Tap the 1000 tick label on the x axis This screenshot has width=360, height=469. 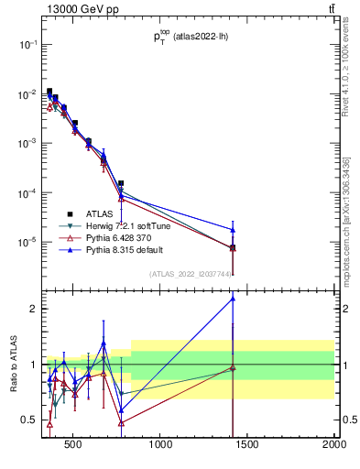tap(161, 446)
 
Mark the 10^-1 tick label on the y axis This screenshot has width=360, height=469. tap(28, 44)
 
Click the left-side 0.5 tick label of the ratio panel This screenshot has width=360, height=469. tap(30, 420)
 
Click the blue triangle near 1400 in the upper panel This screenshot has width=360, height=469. tap(233, 230)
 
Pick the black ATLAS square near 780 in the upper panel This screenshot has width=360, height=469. tap(121, 183)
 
